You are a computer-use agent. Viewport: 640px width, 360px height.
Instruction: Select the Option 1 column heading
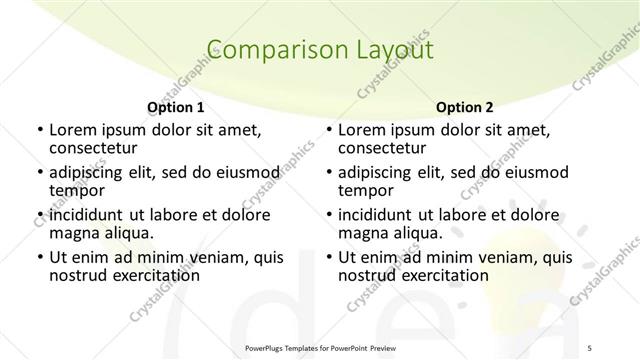click(x=176, y=106)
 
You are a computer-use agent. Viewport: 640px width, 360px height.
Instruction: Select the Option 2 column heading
click(x=465, y=106)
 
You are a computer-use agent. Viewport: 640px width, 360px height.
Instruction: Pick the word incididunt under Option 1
click(x=88, y=214)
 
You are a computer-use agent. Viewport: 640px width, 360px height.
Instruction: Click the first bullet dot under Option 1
click(x=39, y=130)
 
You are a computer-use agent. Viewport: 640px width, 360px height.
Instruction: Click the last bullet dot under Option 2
click(x=329, y=258)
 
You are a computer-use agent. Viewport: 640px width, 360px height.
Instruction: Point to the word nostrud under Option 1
click(x=77, y=275)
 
